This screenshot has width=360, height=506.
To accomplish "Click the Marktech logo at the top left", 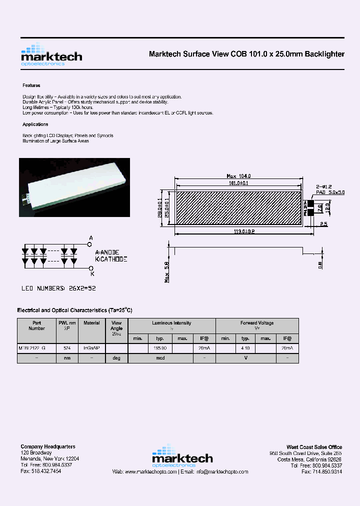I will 51,55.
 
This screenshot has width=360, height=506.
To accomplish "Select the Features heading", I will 31,85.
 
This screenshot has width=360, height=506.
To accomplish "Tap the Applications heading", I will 35,124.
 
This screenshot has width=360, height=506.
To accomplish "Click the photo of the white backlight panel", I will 74,187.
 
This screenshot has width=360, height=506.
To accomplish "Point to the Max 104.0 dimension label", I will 238,176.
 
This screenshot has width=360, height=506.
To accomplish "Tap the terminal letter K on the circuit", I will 91,273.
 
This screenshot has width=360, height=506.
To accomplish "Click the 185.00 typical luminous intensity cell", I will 160,347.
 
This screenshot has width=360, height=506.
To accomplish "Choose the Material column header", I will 91,323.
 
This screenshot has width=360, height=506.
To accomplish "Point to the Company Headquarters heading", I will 48,446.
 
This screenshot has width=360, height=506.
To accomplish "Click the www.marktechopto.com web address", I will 151,471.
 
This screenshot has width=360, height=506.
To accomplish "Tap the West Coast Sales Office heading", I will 314,447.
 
